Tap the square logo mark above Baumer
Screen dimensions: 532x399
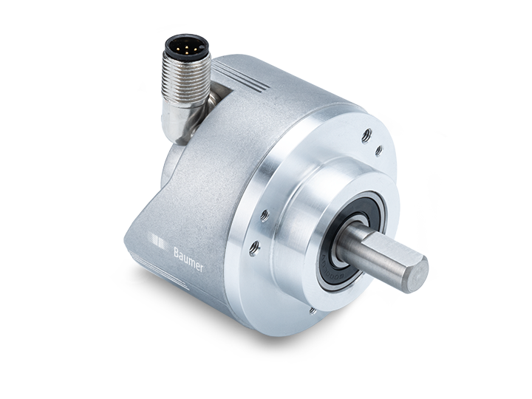pos(158,240)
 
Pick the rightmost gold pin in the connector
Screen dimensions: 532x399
pos(195,48)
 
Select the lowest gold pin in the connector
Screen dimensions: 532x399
pos(187,52)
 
